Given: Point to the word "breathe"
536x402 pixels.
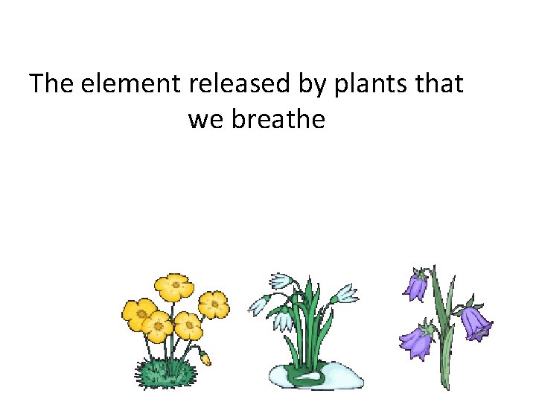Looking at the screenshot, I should coord(278,118).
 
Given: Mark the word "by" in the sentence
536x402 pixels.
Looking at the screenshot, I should coord(317,85).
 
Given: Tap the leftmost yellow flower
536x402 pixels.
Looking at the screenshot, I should coord(138,313).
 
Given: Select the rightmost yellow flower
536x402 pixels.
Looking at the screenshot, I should coord(214,304).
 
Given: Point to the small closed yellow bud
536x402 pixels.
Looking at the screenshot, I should coord(205,359).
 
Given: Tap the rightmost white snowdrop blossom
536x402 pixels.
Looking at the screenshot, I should coord(347,292).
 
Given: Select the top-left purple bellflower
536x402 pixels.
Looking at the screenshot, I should coord(417,286).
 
